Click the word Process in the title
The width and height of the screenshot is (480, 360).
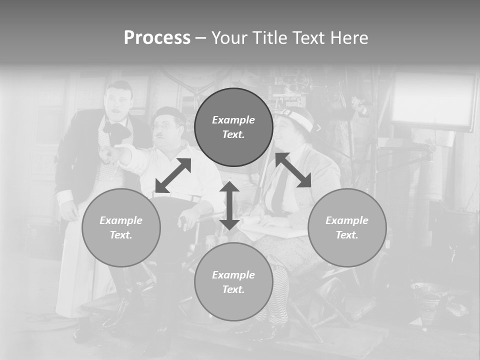pyautogui.click(x=157, y=38)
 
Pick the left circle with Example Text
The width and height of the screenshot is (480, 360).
pyautogui.click(x=121, y=227)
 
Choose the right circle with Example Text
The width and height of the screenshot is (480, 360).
pyautogui.click(x=347, y=227)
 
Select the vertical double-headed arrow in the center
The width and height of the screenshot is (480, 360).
pyautogui.click(x=229, y=205)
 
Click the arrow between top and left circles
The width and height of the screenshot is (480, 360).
pyautogui.click(x=173, y=175)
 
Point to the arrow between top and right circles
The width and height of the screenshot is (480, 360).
pyautogui.click(x=293, y=170)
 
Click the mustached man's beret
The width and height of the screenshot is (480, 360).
pyautogui.click(x=168, y=113)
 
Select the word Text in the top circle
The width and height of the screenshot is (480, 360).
pyautogui.click(x=233, y=134)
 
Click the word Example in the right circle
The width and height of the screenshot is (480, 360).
pyautogui.click(x=347, y=220)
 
